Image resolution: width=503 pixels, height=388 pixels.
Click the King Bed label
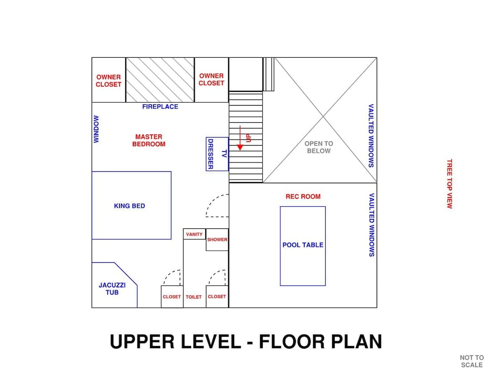130,206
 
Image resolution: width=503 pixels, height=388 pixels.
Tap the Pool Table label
303,245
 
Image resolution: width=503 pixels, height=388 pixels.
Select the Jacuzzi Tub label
112,289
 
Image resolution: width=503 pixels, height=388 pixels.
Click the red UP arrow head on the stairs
240,147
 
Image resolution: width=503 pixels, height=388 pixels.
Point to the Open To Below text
319,147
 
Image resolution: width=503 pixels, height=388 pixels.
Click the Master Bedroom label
149,141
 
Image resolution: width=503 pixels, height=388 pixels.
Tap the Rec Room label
303,197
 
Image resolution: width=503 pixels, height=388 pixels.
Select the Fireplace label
160,107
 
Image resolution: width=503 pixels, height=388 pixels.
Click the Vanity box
194,234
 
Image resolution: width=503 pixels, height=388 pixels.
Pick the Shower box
217,240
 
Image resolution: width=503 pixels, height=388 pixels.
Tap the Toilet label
194,297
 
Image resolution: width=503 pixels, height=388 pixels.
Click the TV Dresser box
217,154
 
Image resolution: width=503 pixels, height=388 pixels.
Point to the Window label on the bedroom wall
96,129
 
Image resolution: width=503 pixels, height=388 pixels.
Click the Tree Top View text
449,184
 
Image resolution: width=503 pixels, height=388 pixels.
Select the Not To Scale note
472,362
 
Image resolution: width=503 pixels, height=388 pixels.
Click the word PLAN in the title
356,342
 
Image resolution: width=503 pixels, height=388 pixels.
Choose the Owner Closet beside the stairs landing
211,80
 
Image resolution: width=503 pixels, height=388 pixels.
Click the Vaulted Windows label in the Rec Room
371,225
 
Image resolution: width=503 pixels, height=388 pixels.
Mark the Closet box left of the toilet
172,297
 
